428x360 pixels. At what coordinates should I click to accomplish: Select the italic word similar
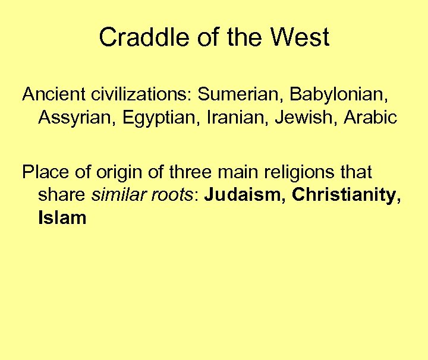(x=120, y=195)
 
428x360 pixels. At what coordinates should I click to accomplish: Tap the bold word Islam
(x=62, y=218)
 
